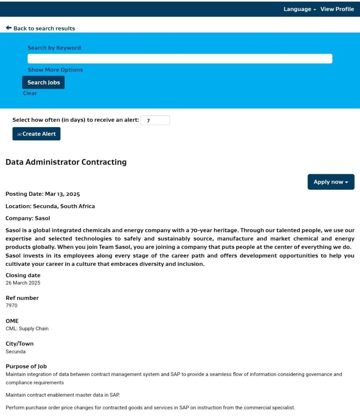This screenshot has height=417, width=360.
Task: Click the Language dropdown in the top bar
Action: (x=300, y=9)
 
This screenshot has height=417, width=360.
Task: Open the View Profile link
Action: (x=337, y=9)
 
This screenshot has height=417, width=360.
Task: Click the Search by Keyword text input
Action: (x=180, y=59)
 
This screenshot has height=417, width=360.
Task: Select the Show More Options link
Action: (x=55, y=70)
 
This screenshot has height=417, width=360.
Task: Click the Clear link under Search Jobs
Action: (x=30, y=93)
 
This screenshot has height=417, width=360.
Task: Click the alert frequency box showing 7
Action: (x=155, y=120)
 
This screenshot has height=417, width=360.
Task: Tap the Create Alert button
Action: (x=36, y=134)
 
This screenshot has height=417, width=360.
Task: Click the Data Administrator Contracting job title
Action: (x=66, y=162)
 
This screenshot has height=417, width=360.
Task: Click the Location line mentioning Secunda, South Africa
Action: (x=50, y=206)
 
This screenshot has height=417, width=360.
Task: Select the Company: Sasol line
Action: (x=28, y=218)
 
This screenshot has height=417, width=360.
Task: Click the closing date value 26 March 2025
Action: (x=23, y=283)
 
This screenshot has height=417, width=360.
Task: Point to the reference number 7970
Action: (x=11, y=305)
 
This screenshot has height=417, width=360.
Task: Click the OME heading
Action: (x=12, y=321)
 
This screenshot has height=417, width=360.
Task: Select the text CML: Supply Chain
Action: (x=27, y=328)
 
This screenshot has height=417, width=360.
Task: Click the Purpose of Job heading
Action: (x=26, y=366)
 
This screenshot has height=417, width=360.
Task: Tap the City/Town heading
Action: (x=20, y=344)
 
